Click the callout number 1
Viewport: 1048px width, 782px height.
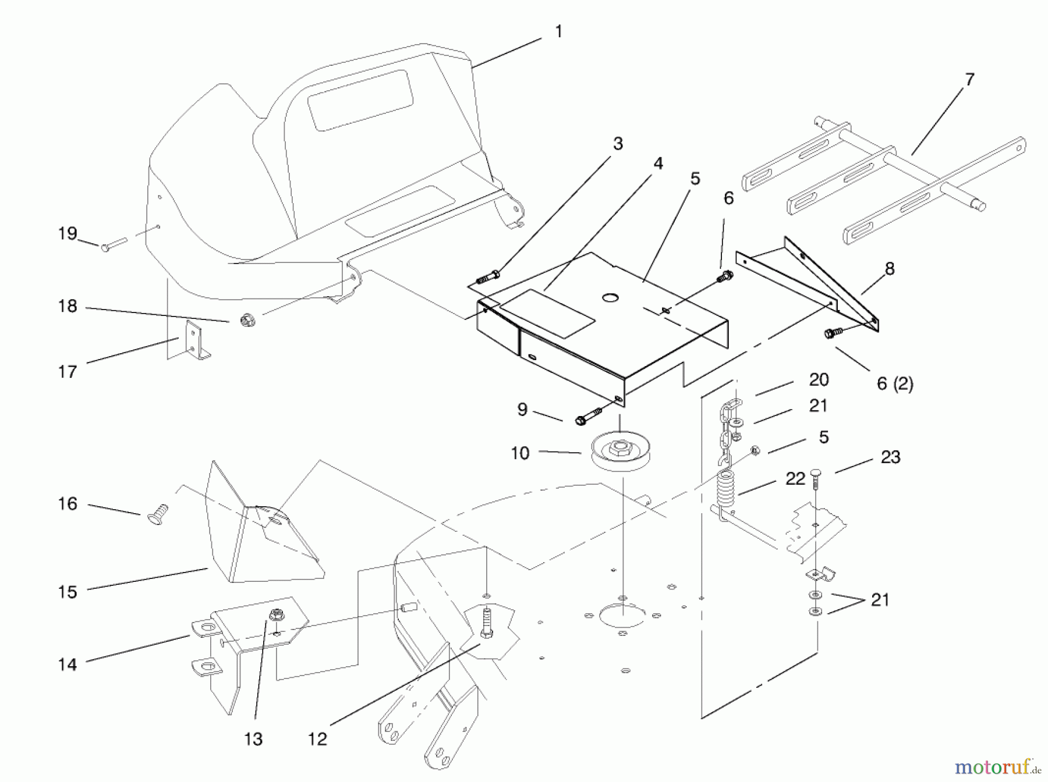point(558,31)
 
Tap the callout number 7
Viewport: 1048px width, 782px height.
point(969,80)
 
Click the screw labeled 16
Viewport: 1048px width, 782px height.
point(157,515)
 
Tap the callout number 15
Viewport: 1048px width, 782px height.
point(68,592)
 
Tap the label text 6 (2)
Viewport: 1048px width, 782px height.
point(894,384)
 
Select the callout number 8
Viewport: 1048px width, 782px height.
point(889,269)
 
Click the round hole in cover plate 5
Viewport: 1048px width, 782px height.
point(610,298)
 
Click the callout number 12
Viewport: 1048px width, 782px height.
point(318,739)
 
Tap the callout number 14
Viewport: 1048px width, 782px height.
point(68,664)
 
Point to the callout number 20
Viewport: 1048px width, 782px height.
point(819,379)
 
